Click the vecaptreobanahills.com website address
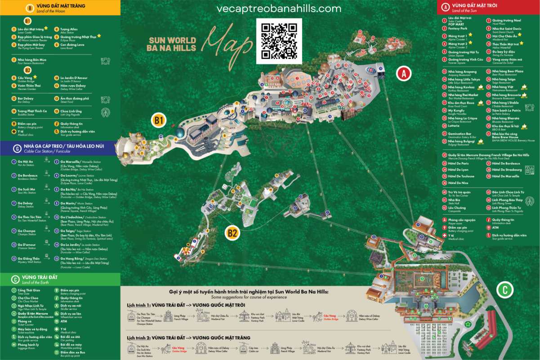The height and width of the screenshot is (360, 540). click(279, 9)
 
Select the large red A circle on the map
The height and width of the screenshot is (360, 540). click(403, 74)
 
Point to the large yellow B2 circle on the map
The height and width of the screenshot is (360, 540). click(232, 233)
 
